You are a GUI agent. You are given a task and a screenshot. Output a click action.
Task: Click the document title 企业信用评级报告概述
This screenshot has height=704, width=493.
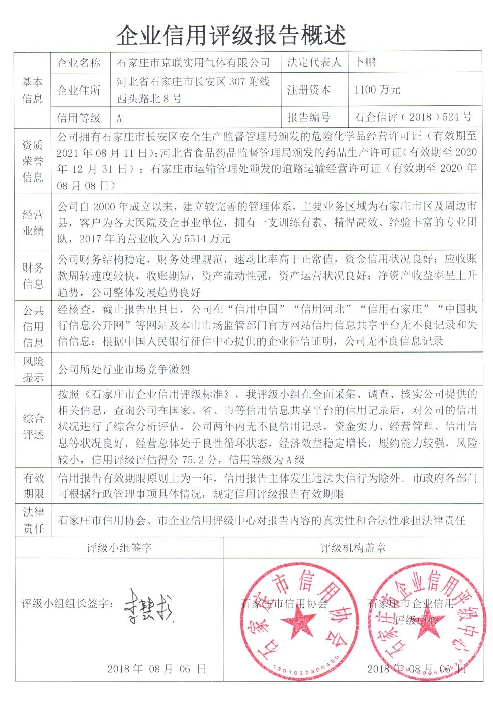coord(231,35)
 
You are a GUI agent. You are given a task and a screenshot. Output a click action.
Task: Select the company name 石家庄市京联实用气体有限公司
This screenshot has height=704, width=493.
coord(194,63)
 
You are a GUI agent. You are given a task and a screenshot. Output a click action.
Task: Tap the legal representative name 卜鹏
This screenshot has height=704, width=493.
coord(366,62)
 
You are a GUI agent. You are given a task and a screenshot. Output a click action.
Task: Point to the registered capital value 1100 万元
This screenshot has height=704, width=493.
coord(377,90)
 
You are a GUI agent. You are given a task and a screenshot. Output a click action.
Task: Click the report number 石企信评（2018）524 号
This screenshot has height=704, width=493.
coord(413,117)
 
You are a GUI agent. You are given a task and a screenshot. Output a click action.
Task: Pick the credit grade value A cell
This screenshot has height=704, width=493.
coord(119,119)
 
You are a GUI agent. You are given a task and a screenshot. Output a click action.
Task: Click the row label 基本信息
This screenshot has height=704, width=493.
coord(33,90)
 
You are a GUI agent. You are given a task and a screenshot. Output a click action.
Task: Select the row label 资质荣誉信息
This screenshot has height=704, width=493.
coord(33,161)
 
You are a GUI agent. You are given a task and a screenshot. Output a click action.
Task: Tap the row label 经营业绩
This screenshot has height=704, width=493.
coord(33,223)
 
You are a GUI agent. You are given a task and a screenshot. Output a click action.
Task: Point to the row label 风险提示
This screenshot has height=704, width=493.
coord(33,369)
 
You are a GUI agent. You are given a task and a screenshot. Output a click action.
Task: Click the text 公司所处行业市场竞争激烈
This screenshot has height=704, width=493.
coord(124,370)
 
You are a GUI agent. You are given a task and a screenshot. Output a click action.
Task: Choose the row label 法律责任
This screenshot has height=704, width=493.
coord(33,520)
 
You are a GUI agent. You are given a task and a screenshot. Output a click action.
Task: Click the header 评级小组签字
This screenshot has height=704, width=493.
coord(119,548)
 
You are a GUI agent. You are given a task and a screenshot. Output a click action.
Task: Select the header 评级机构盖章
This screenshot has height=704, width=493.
coord(353,548)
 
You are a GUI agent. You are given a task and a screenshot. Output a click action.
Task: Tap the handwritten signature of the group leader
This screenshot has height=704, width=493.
coord(148,606)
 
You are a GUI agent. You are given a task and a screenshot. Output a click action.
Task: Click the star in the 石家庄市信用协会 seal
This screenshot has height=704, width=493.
coord(298,621)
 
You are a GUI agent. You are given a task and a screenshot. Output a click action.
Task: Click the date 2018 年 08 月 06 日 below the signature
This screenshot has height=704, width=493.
coord(156,669)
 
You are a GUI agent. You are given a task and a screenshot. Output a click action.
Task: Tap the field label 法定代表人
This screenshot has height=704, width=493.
coord(314,62)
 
